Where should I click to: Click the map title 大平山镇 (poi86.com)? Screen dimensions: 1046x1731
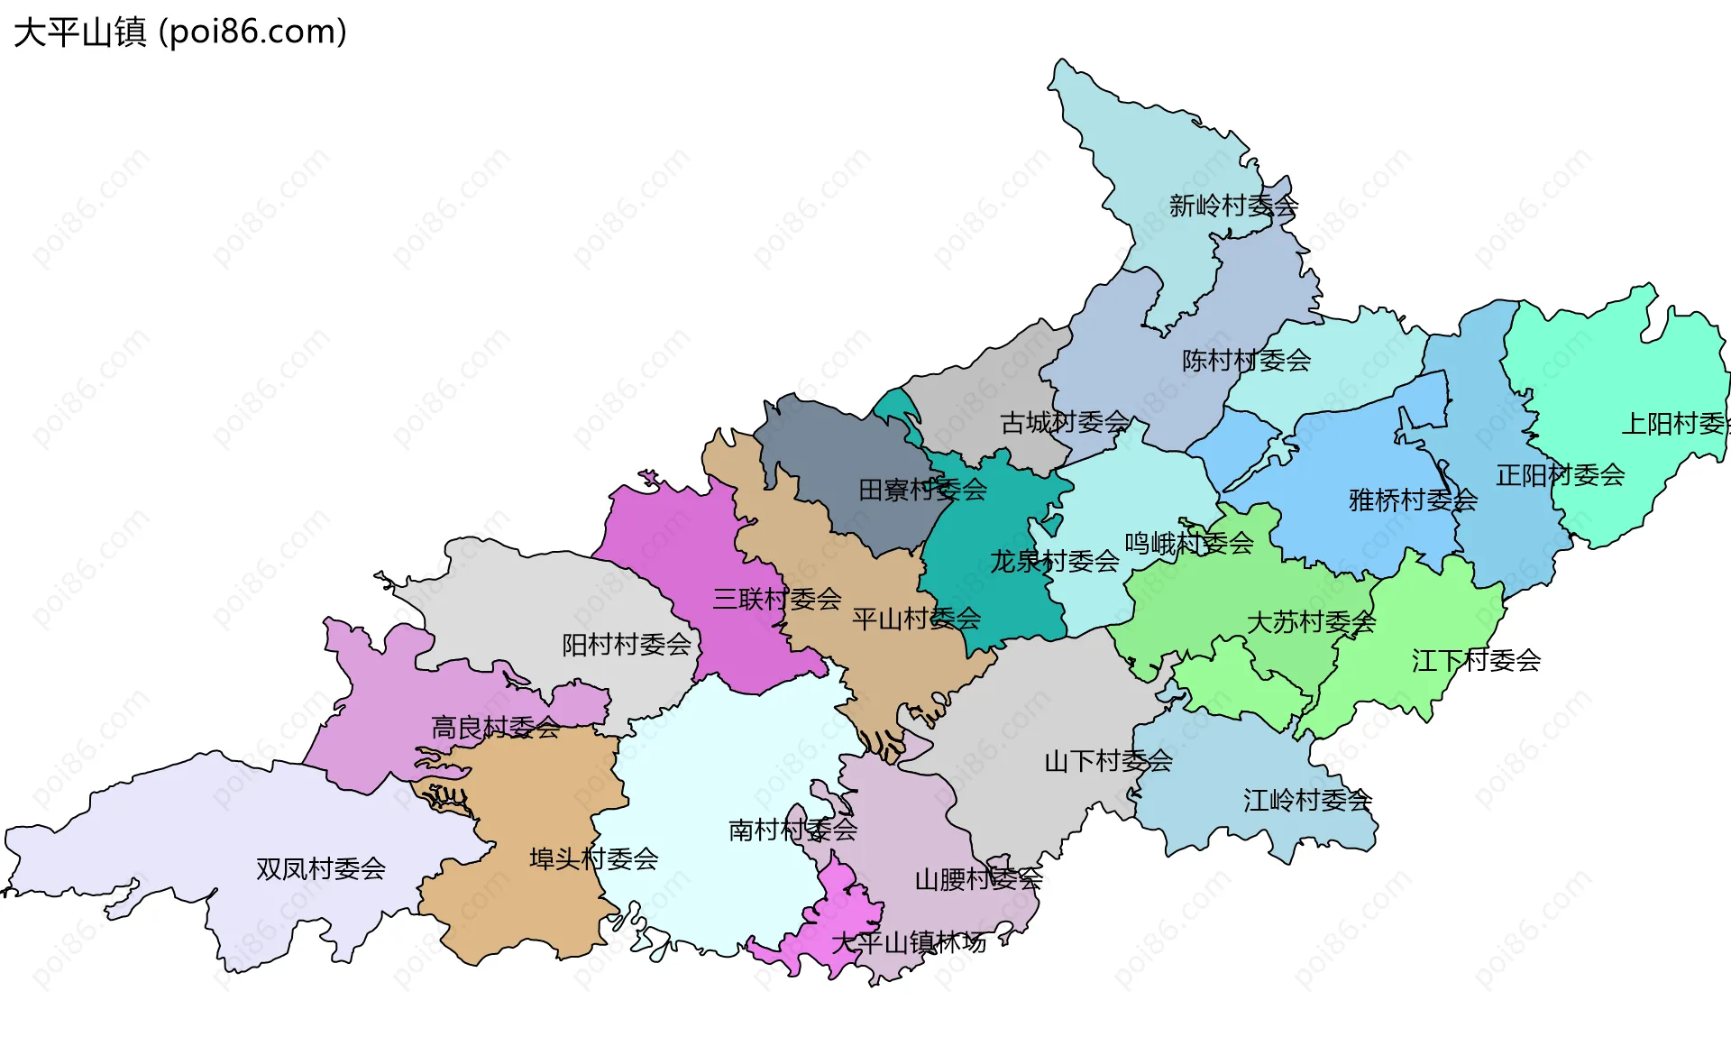coord(180,32)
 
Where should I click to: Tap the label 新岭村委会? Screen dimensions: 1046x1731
coord(1233,206)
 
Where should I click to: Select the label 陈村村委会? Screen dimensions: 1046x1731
coord(1246,362)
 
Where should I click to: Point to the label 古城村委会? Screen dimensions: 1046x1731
coord(1065,422)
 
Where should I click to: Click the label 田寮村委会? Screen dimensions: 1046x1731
coord(922,491)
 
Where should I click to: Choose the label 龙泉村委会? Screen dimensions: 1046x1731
coord(1054,562)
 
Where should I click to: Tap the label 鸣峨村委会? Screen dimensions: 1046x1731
coord(1188,544)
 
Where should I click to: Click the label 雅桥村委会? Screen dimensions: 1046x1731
coord(1413,500)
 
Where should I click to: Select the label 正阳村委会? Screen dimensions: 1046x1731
coord(1560,475)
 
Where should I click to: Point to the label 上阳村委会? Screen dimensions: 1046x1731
coord(1675,424)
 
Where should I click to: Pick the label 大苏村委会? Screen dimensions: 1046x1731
coord(1311,622)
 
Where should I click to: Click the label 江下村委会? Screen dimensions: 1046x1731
coord(1476,661)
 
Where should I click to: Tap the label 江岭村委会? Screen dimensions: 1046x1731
coord(1307,801)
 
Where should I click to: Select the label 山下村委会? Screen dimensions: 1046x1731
coord(1108,762)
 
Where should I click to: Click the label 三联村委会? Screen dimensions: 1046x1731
coord(776,599)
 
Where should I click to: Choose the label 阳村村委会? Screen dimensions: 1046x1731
coord(627,645)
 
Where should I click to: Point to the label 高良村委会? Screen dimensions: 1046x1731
coord(495,728)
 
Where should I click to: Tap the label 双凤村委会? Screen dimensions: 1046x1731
coord(321,869)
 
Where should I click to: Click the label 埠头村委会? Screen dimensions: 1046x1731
coord(593,859)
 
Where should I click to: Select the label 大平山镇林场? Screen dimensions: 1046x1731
coord(909,943)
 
